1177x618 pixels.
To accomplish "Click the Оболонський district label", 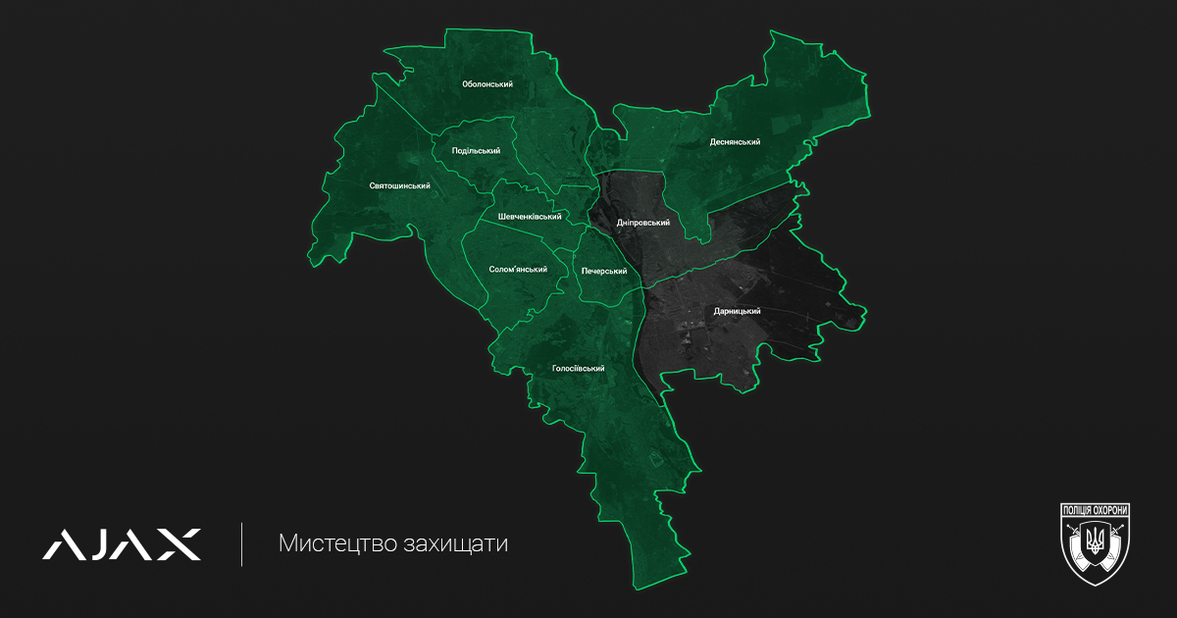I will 487,84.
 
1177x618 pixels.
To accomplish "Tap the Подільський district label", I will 476,151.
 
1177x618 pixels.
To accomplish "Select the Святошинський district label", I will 400,185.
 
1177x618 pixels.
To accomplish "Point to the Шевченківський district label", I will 530,217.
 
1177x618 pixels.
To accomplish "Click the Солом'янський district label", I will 518,269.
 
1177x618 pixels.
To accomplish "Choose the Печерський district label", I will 604,270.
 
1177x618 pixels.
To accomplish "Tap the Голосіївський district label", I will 578,369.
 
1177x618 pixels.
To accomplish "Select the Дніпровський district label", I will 643,223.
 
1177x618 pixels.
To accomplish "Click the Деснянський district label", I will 736,142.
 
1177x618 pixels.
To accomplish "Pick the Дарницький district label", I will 738,311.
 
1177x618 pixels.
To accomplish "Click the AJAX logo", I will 122,544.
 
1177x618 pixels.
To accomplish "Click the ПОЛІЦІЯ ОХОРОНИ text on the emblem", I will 1096,510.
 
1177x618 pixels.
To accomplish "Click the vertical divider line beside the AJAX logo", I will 242,544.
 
